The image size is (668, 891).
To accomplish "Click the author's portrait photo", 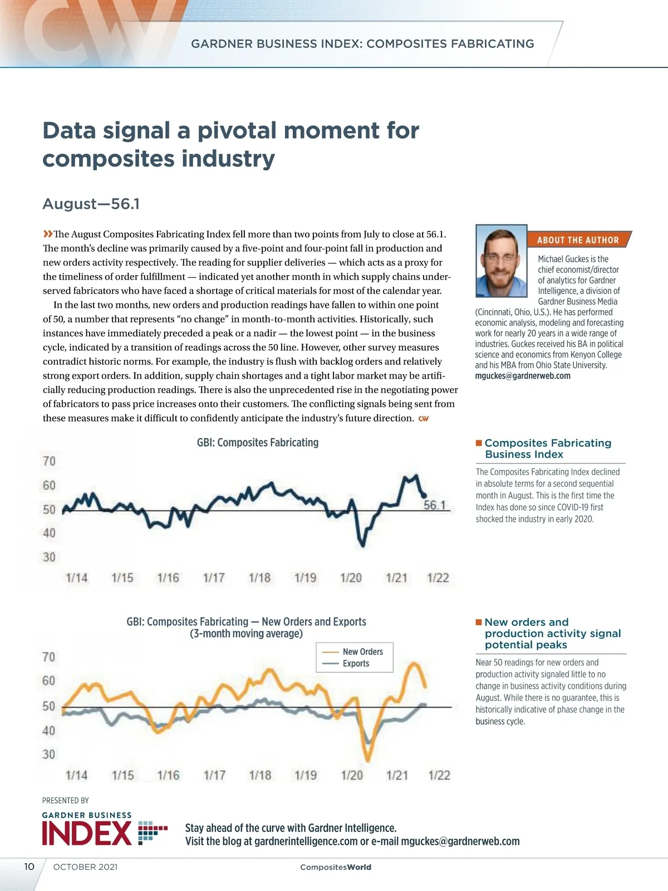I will pos(501,261).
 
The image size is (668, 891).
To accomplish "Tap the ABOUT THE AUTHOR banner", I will pos(578,240).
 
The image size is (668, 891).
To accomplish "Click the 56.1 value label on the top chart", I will pos(435,505).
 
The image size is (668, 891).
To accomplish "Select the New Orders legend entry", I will pos(362,652).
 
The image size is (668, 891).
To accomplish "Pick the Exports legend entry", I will pos(356,663).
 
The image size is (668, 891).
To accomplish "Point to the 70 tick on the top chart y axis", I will pos(49,461).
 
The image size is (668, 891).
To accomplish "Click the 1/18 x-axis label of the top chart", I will pos(259,577).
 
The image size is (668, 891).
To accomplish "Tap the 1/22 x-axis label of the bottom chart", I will pos(439,775).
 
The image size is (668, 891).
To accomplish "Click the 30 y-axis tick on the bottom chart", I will pos(49,754).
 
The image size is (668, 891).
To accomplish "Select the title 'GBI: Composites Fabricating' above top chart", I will pos(258,443).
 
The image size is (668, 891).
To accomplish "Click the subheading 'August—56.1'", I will pos(91,204).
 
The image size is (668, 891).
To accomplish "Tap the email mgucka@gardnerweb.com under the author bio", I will pos(523,376).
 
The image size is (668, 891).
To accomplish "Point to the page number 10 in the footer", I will pos(29,866).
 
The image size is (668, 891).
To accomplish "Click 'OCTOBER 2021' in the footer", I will pos(85,867).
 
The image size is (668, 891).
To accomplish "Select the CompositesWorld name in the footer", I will pos(336,867).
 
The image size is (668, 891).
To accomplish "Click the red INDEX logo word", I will pos(87,834).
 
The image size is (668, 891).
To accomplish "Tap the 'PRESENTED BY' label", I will pos(66,801).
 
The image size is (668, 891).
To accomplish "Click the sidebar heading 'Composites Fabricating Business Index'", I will pos(548,449).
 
